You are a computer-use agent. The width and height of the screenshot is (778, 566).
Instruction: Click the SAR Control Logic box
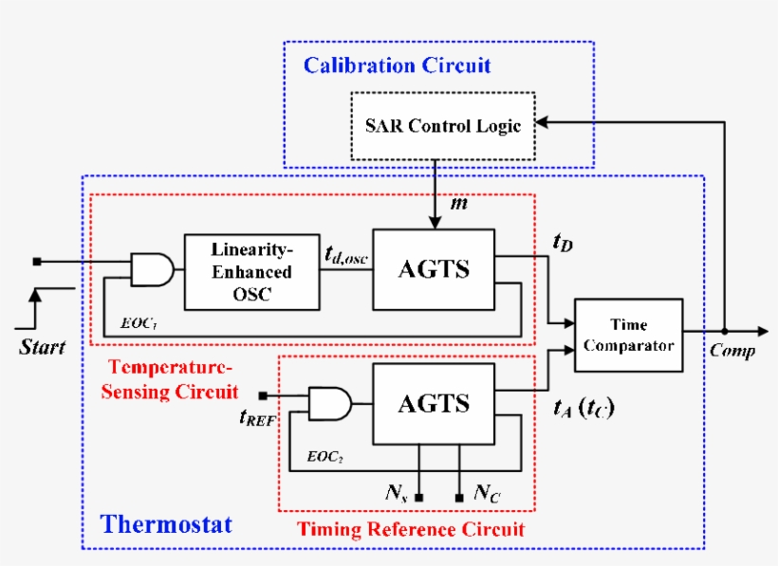(443, 125)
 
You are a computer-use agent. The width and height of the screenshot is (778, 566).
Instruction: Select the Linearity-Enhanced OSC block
(251, 271)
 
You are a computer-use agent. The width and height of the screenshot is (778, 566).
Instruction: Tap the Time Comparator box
(628, 336)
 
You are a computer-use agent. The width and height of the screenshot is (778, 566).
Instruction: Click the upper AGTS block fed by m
(434, 268)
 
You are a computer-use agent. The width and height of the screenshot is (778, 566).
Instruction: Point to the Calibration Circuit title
(397, 65)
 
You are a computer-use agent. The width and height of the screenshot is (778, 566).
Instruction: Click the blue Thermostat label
(166, 524)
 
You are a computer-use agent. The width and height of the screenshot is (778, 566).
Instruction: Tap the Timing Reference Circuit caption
(411, 528)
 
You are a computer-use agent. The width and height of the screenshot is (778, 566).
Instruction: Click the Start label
(43, 347)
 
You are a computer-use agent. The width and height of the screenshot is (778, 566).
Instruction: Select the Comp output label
(732, 352)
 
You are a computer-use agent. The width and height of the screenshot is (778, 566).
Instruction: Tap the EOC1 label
(139, 323)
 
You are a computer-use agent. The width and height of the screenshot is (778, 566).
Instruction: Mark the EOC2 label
(323, 456)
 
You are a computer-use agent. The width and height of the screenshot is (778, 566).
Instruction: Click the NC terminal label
(487, 494)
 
